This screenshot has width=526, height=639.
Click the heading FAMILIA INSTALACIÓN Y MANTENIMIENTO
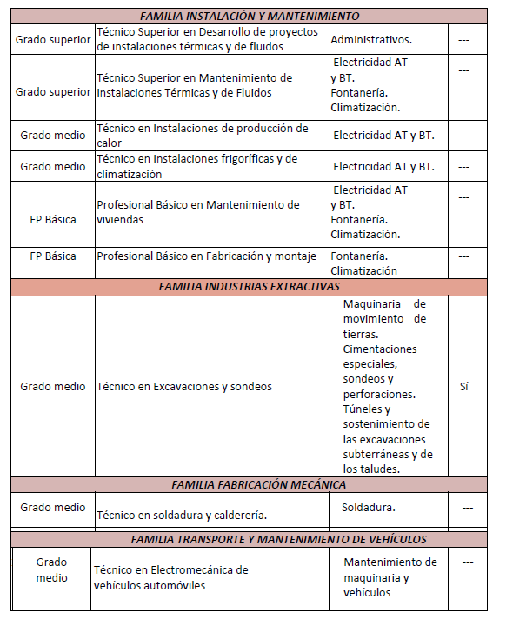[x=250, y=17]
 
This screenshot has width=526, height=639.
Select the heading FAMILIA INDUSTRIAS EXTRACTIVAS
[x=250, y=286]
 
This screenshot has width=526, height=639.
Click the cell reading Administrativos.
[x=371, y=39]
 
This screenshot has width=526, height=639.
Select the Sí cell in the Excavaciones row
[x=463, y=387]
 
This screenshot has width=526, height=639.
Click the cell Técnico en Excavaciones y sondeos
[x=184, y=387]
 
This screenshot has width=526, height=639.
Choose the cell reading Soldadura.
[x=369, y=507]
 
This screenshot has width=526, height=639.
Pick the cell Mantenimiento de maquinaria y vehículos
[x=390, y=577]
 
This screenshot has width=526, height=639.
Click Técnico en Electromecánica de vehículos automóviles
[x=171, y=577]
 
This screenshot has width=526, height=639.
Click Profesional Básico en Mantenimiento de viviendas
[x=198, y=212]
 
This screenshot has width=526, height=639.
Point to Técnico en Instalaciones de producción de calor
[x=203, y=135]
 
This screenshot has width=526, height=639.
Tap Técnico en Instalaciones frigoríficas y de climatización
[x=197, y=166]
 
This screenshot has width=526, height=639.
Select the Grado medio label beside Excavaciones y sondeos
[x=53, y=387]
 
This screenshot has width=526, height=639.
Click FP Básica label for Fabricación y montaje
[x=53, y=256]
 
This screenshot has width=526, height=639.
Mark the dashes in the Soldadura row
[x=468, y=507]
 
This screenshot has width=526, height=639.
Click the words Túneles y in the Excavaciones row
[x=367, y=409]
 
